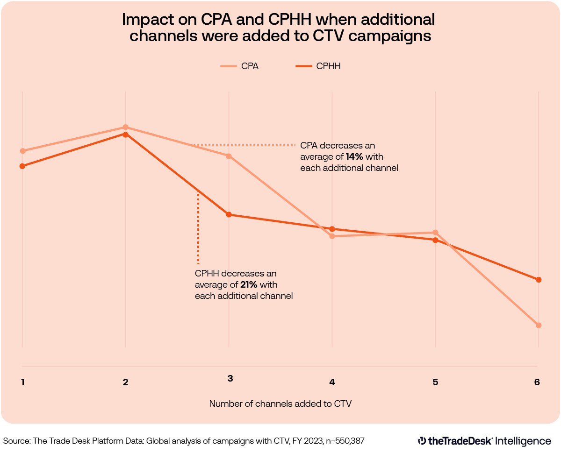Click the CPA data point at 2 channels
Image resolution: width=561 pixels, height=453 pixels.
tap(125, 127)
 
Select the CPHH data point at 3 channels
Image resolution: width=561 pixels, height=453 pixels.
tap(229, 215)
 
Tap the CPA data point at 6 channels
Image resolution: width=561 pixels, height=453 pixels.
tap(539, 325)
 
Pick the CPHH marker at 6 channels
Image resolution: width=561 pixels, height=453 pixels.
tap(539, 280)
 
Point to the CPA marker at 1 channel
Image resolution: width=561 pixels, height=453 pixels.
tap(22, 151)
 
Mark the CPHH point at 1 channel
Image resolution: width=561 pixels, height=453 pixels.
tap(22, 166)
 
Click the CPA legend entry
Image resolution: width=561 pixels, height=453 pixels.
tap(240, 66)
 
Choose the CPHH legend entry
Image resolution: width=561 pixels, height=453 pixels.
tap(318, 66)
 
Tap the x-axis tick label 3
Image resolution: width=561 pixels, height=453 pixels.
tap(230, 378)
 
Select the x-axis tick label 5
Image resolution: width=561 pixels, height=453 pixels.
tap(435, 382)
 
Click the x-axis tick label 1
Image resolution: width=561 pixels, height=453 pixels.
tap(22, 382)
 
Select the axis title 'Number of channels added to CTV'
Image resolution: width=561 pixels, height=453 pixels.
tap(280, 403)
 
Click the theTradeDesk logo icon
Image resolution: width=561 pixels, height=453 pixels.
tap(422, 440)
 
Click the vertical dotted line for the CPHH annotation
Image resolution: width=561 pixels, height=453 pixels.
tap(198, 229)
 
